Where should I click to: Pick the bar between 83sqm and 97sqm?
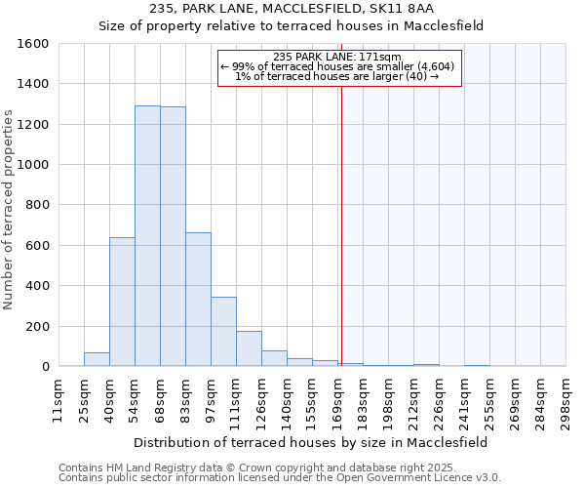[x=198, y=300]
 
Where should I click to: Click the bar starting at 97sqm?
[x=223, y=332]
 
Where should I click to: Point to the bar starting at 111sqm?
[x=249, y=348]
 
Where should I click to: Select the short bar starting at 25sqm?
[x=97, y=359]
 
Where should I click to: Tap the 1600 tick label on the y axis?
[x=33, y=44]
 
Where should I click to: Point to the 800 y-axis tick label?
[x=37, y=205]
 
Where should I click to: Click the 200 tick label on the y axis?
[x=37, y=326]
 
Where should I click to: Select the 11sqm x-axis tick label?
[x=58, y=400]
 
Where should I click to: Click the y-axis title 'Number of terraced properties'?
[x=10, y=210]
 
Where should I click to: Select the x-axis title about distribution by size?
[x=311, y=442]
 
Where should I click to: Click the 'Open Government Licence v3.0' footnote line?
[x=280, y=478]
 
